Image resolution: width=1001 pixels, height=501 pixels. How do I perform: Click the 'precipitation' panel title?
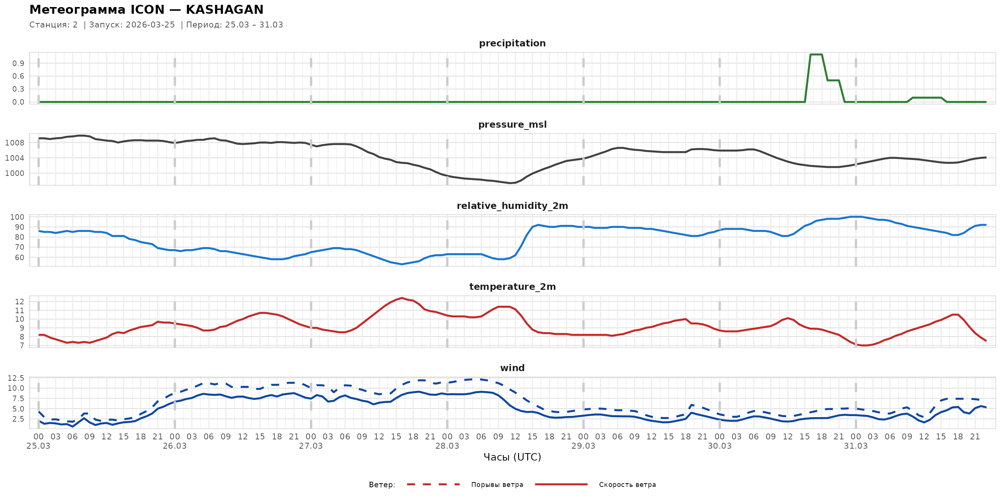(512, 43)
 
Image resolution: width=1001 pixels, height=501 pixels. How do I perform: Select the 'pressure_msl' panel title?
(512, 124)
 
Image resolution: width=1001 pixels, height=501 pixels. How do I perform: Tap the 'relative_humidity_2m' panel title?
(512, 206)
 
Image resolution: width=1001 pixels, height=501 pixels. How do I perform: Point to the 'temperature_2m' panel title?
(512, 286)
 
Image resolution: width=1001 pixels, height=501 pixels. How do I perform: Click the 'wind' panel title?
(512, 368)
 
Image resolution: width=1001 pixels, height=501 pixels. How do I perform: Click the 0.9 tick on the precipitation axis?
(18, 63)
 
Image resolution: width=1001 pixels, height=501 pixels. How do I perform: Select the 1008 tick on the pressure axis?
(14, 143)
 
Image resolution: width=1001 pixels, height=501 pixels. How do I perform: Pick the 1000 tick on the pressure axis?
(14, 173)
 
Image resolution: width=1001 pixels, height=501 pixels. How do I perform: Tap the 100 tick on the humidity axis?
(17, 217)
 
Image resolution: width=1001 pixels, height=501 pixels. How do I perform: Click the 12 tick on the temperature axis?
(19, 301)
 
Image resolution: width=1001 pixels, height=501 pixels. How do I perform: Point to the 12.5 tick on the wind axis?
(16, 378)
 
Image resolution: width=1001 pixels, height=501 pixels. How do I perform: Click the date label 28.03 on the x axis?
(447, 446)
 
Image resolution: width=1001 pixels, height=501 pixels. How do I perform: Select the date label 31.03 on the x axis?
(856, 446)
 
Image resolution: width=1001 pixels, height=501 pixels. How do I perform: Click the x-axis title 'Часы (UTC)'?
(512, 457)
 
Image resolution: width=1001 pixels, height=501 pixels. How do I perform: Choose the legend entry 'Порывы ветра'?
(497, 485)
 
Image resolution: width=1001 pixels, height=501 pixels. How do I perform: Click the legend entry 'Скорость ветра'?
(627, 485)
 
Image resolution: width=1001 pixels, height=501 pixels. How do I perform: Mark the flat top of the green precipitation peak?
(816, 55)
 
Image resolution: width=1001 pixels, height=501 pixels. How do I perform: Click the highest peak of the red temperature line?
(402, 298)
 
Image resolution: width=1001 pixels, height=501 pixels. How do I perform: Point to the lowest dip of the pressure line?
(510, 183)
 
